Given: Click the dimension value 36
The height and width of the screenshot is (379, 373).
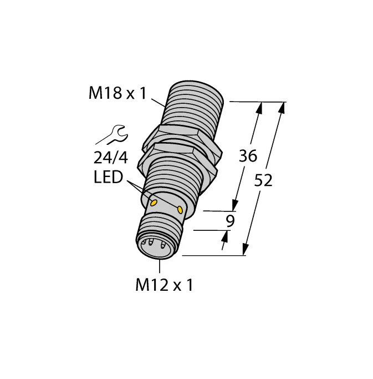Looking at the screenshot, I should [248, 156].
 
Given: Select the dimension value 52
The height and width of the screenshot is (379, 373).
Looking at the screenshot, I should [264, 180].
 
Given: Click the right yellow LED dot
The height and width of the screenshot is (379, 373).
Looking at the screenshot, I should [180, 209].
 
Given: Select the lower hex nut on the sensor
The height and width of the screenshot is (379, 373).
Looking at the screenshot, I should [180, 157].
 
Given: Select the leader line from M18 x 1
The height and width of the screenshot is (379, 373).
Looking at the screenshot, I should [157, 101].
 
